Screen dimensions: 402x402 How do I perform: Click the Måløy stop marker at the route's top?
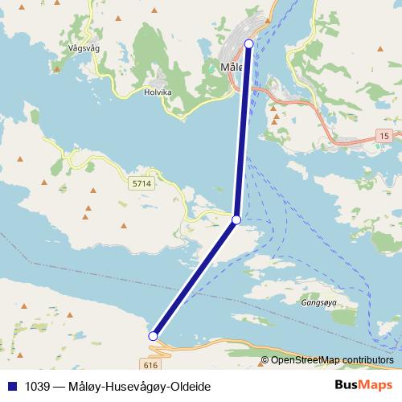pos(248,43)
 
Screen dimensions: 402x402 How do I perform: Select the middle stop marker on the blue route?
pos(236,219)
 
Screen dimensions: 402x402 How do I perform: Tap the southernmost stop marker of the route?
pos(153,336)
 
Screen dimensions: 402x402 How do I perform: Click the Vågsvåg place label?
pos(86,47)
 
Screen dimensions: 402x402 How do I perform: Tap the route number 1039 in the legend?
pos(35,387)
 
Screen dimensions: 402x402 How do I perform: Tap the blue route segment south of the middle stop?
pos(195,278)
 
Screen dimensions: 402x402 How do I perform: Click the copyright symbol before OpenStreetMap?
pos(265,360)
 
